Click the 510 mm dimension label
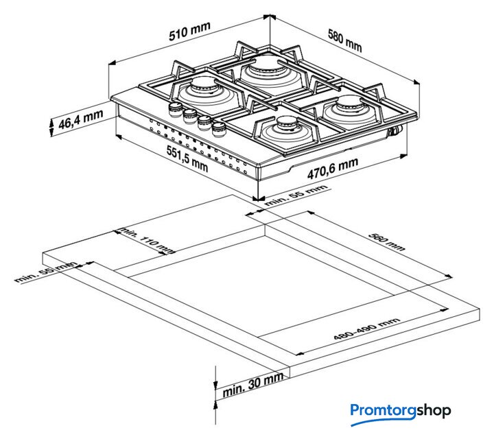189,32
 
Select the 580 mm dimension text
344,40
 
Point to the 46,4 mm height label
81,119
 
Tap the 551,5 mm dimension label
187,159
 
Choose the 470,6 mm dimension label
333,168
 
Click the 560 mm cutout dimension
386,242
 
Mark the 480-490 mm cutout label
366,329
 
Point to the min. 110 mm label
148,240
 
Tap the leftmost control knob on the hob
175,110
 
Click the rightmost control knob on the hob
219,129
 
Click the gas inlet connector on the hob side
396,130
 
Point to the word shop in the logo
434,411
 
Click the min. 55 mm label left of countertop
46,272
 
